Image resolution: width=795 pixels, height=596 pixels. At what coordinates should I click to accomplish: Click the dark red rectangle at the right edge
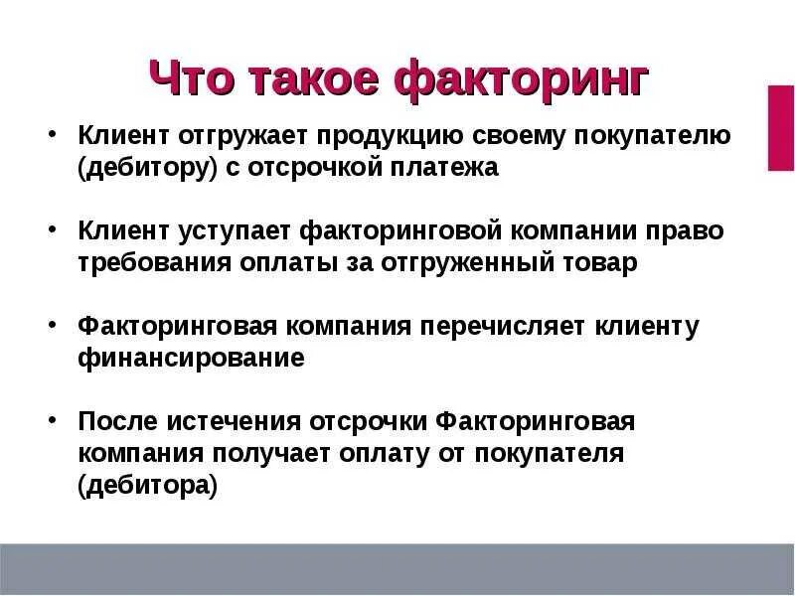tap(780, 127)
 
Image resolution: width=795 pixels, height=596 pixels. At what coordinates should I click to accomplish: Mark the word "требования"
tap(152, 263)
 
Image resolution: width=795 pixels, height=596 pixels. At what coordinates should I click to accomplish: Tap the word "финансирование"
tap(191, 359)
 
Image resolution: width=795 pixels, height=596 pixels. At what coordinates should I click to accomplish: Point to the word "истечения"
tap(237, 422)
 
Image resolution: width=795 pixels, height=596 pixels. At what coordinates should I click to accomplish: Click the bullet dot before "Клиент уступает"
tap(52, 231)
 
